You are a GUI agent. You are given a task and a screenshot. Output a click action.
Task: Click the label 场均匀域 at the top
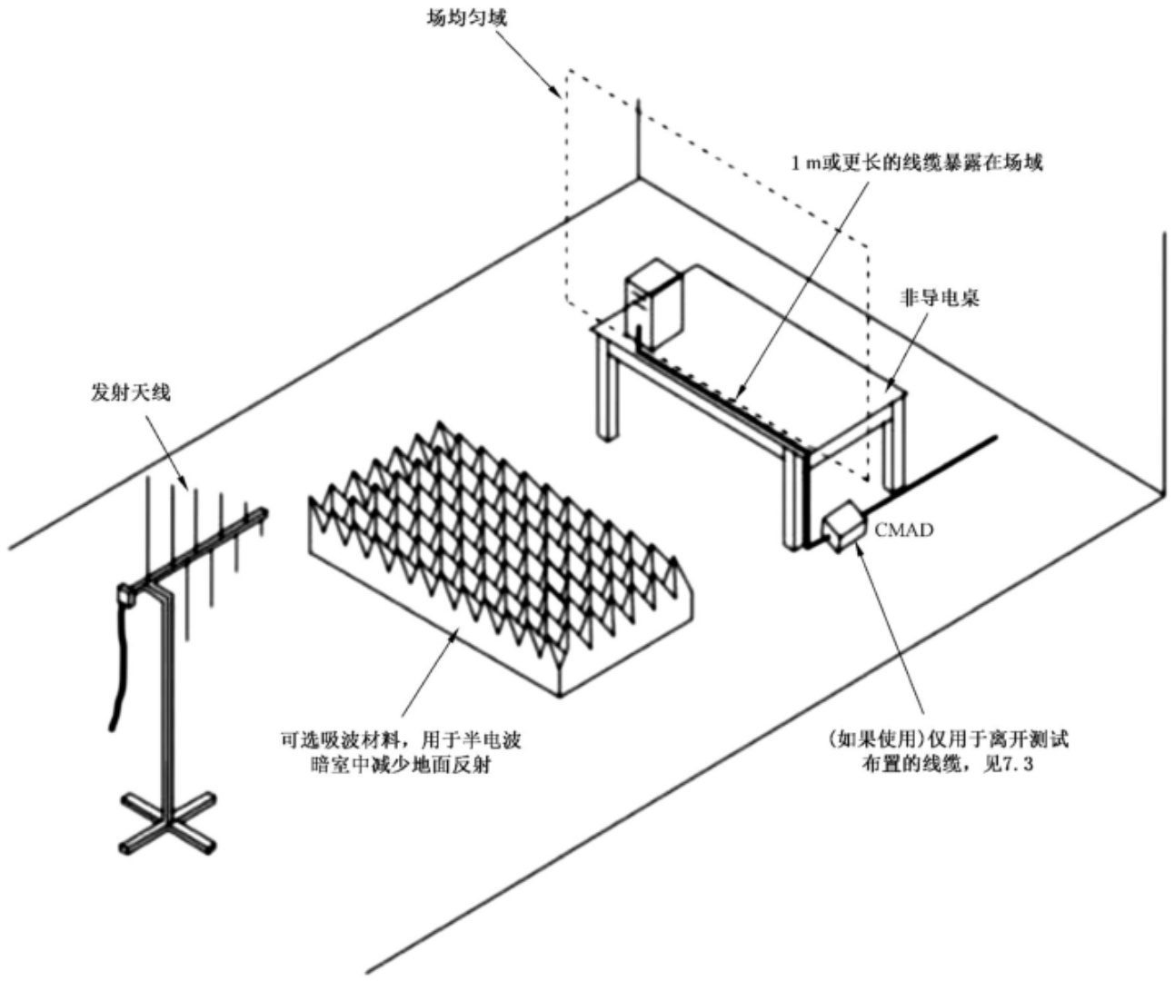(x=466, y=19)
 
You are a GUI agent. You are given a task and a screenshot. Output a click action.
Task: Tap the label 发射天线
(x=131, y=392)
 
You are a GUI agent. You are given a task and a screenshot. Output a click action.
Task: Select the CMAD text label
(x=904, y=530)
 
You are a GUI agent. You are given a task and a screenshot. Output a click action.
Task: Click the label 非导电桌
(x=940, y=298)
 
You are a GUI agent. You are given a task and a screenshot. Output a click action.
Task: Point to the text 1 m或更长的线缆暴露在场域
(x=916, y=163)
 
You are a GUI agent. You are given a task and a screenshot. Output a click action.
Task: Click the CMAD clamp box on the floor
(x=843, y=528)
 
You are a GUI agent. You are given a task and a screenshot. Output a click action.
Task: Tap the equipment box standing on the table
(x=654, y=303)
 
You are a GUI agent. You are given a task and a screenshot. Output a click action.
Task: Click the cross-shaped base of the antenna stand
(x=168, y=824)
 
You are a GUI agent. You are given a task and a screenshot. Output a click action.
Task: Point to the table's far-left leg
(x=607, y=393)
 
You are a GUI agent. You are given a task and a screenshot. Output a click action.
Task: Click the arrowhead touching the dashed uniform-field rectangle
(x=557, y=94)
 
